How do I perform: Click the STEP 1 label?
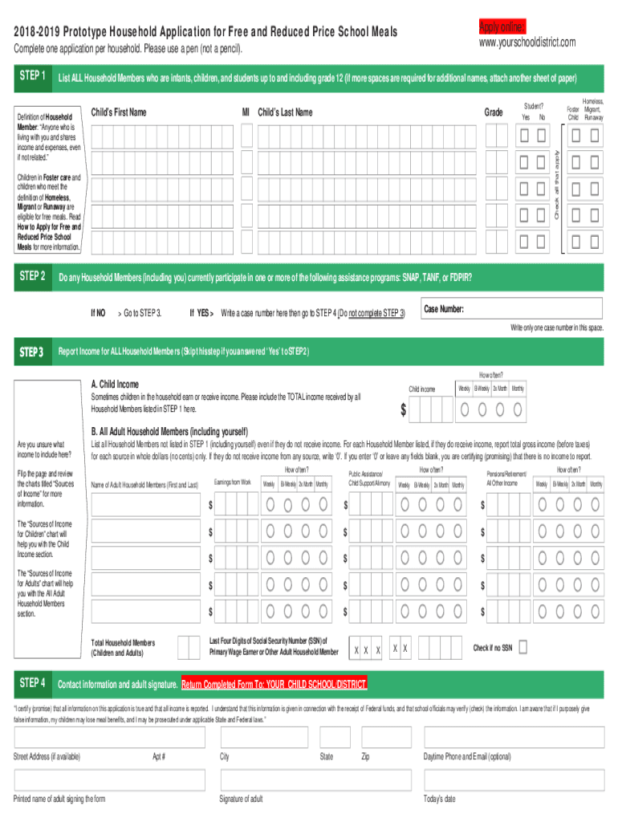(32, 76)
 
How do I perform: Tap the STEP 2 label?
(32, 277)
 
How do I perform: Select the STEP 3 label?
(32, 352)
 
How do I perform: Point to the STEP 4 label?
(32, 683)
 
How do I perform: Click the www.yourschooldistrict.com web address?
(527, 42)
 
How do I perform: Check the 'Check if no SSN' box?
(523, 647)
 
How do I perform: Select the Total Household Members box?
(189, 647)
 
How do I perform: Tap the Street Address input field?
(80, 739)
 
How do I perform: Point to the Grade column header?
(494, 112)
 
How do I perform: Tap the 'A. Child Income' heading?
(116, 384)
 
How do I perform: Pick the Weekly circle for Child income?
(466, 409)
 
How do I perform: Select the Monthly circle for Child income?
(518, 409)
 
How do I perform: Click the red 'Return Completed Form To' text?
(274, 685)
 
